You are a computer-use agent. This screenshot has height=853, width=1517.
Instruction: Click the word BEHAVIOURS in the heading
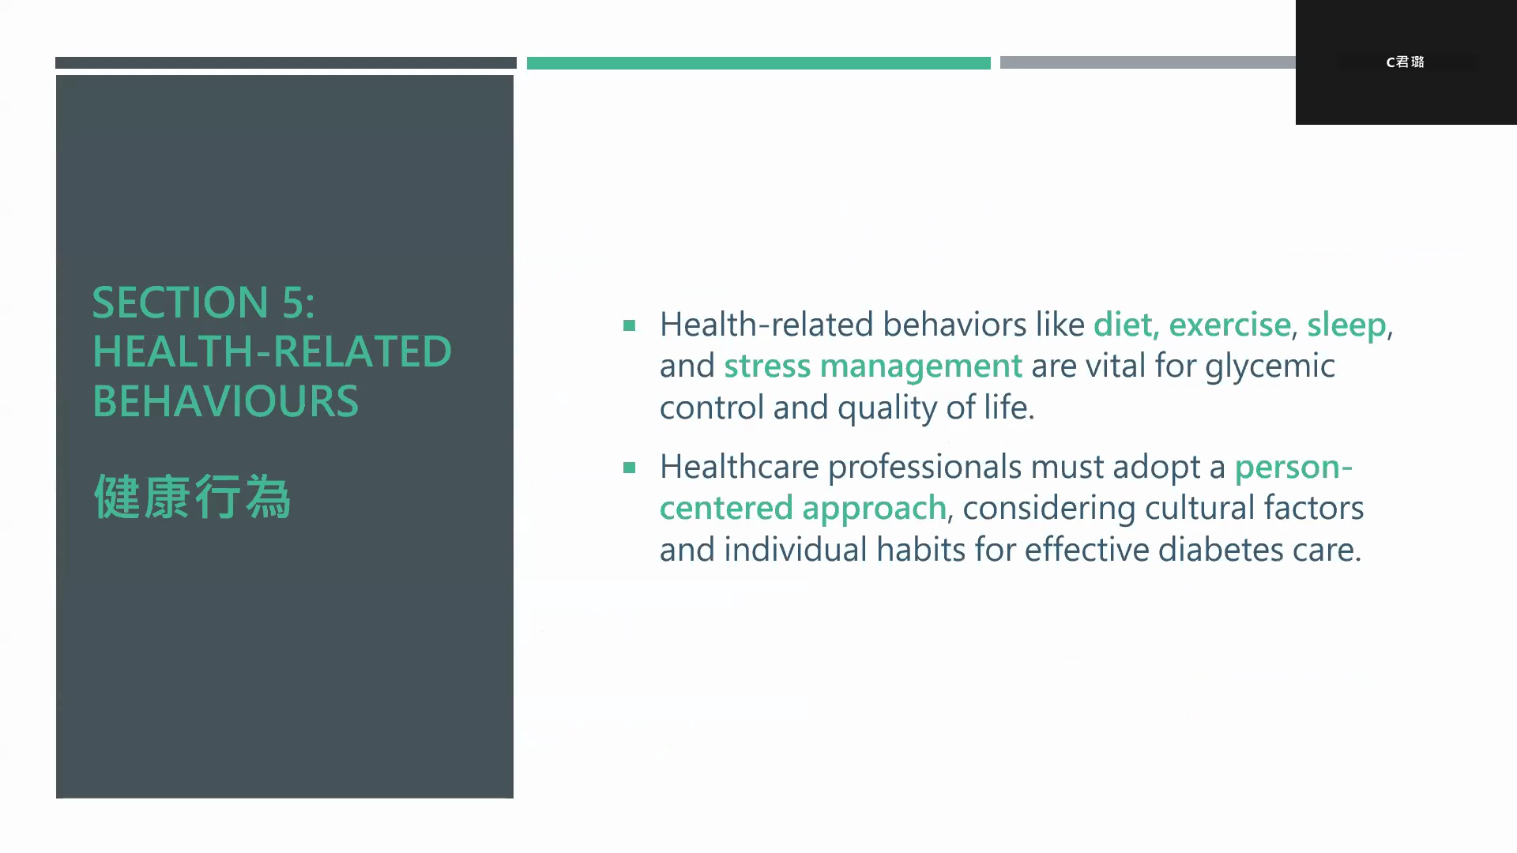[x=226, y=401]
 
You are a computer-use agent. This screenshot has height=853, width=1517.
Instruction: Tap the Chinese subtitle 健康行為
[x=192, y=497]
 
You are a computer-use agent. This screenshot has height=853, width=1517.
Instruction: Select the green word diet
[x=1124, y=325]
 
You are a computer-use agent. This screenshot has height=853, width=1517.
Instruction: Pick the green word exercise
[x=1230, y=325]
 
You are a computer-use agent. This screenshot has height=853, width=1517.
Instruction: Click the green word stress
[x=767, y=366]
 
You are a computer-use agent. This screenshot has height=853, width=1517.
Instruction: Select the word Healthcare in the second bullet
[x=740, y=467]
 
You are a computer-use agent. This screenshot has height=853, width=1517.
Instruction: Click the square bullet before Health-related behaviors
[x=629, y=325]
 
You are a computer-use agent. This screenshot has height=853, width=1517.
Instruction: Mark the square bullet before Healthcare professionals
[x=629, y=468]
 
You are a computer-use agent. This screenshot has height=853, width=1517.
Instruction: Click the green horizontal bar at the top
[x=758, y=63]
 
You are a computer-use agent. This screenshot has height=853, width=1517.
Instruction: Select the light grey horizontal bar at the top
[x=1148, y=62]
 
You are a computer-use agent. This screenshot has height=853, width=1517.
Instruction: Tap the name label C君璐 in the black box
[x=1405, y=62]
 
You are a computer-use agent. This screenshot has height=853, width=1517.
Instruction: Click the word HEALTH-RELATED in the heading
[x=272, y=352]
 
